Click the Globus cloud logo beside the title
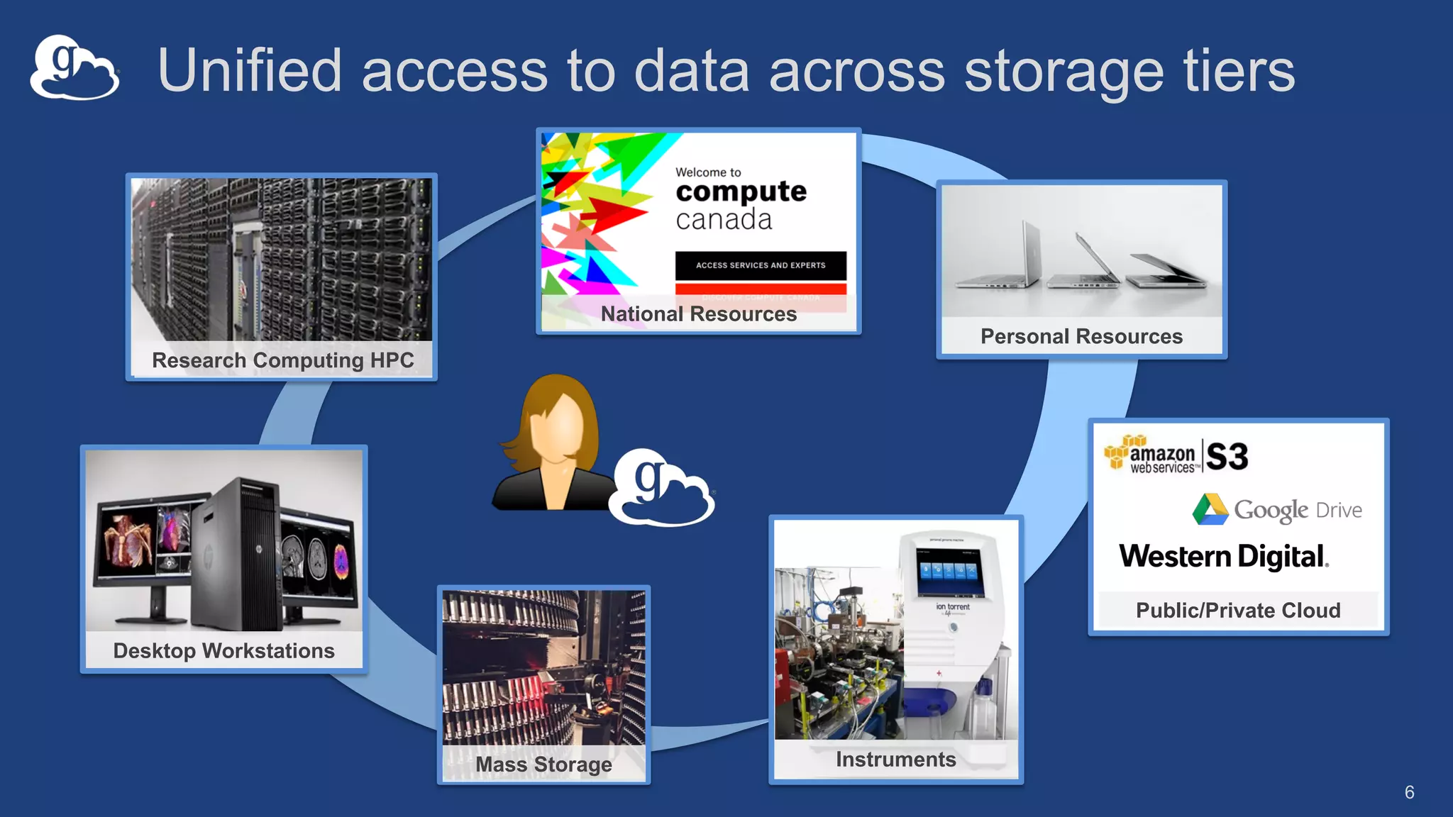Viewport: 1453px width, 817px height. [74, 68]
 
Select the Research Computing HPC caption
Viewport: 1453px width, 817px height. [282, 360]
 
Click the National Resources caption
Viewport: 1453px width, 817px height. [698, 314]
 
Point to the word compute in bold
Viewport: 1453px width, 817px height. [741, 191]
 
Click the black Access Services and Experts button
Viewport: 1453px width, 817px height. [761, 265]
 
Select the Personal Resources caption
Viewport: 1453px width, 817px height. [1081, 336]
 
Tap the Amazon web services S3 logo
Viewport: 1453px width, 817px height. [1176, 455]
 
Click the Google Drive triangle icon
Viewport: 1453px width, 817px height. [1210, 509]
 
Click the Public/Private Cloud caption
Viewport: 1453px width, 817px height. [1238, 610]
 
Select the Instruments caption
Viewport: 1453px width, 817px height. [895, 760]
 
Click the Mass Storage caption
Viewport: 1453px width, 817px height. [543, 765]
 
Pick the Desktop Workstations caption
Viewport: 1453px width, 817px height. [223, 650]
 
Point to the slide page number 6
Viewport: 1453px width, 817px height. [1409, 792]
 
